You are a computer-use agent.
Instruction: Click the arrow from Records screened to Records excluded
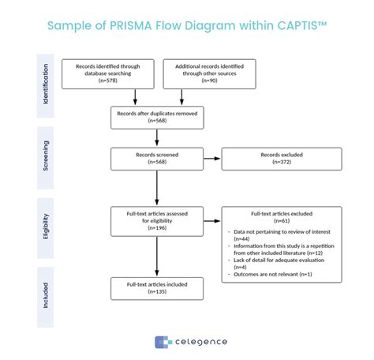(212, 158)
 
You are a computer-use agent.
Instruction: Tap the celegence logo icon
(163, 341)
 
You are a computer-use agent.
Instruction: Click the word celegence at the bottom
(200, 341)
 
